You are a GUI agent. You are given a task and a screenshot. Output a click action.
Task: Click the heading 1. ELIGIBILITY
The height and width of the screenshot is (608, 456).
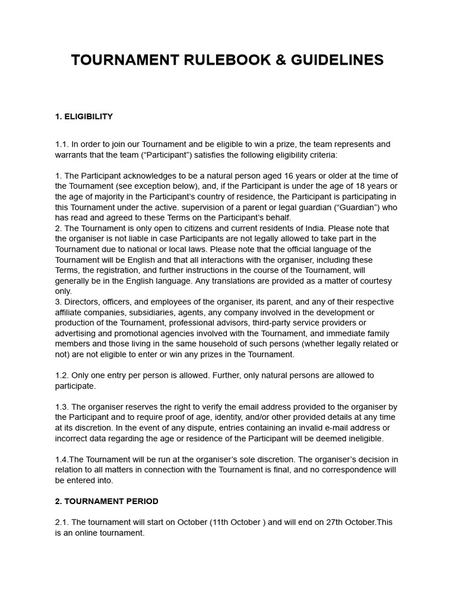click(x=84, y=116)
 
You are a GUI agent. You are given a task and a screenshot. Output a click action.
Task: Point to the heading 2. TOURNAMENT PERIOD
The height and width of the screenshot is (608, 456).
click(x=107, y=501)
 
